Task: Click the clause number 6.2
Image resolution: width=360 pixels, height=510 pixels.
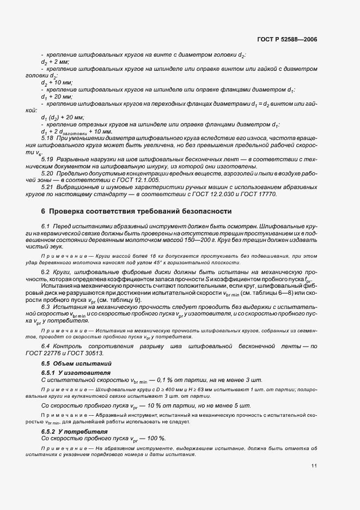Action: pos(46,271)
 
